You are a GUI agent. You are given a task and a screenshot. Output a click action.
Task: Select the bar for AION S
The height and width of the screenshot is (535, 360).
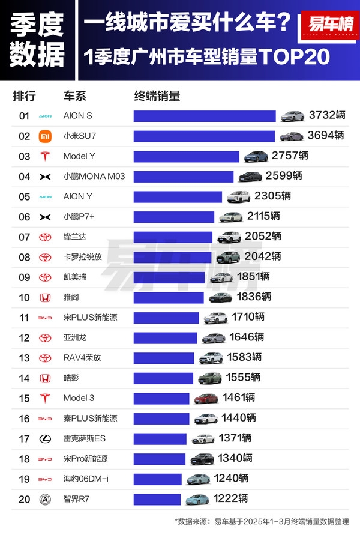(204, 116)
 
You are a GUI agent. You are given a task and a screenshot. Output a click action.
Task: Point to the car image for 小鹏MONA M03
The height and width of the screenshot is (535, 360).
(250, 177)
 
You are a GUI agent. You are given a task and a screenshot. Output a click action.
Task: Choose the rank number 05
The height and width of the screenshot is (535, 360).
(24, 196)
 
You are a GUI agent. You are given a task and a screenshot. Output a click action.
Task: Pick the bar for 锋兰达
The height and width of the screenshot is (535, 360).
(173, 237)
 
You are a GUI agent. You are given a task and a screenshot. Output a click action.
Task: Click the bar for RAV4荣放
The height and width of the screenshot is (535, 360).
(164, 358)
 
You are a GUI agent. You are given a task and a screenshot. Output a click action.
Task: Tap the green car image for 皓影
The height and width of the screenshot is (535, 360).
(210, 378)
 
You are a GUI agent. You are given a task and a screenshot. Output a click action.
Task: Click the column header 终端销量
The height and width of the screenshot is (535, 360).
(157, 97)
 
